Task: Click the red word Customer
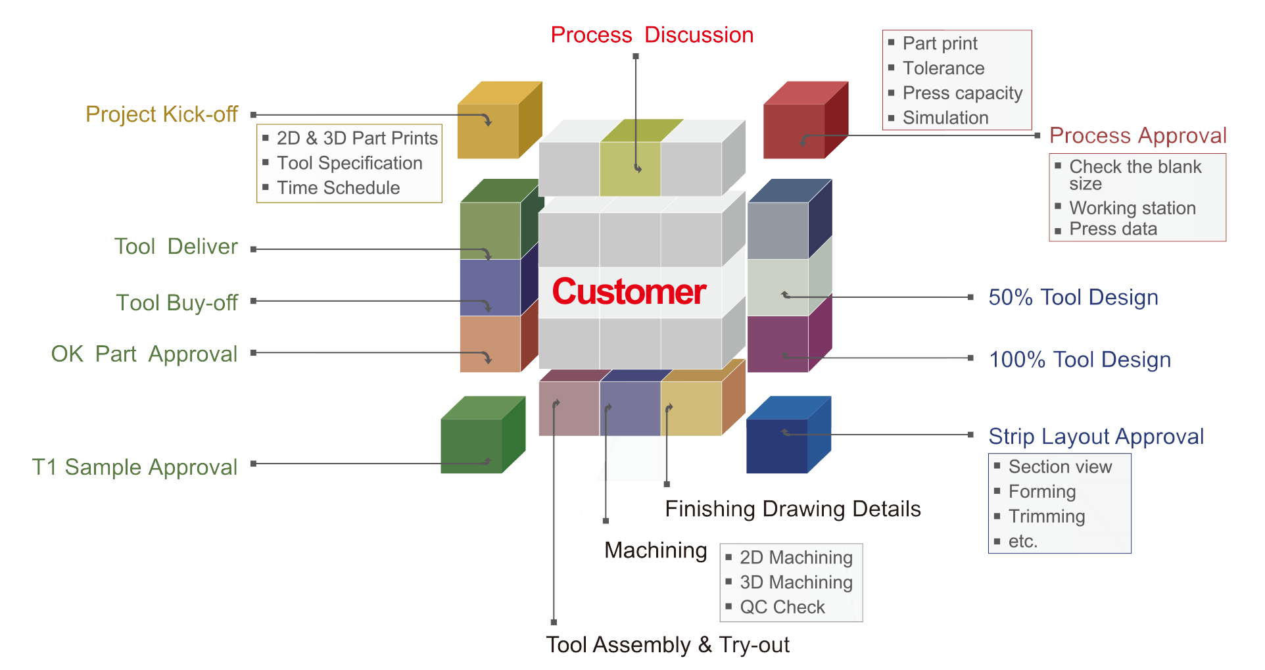click(629, 292)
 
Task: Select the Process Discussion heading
click(652, 35)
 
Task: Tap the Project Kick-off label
click(162, 114)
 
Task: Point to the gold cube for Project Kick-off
click(500, 120)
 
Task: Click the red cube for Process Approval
click(805, 120)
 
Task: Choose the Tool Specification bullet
click(349, 163)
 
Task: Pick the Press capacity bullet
click(962, 93)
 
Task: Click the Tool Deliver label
click(176, 247)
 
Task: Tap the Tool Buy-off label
click(177, 303)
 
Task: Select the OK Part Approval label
click(144, 354)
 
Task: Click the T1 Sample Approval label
click(135, 467)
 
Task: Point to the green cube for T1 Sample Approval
click(483, 435)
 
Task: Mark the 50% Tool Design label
click(1073, 297)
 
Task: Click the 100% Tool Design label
click(1080, 360)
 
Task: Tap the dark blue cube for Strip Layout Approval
click(789, 435)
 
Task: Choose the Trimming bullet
click(1046, 517)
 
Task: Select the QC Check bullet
click(782, 607)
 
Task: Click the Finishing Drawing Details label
click(793, 510)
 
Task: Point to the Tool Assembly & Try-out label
click(667, 645)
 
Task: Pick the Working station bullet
click(1132, 208)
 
